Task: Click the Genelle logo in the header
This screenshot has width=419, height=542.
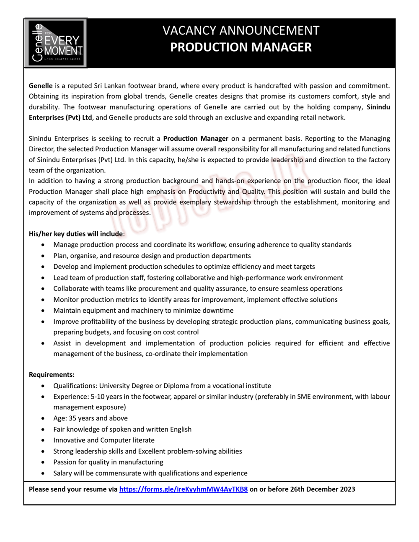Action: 55,43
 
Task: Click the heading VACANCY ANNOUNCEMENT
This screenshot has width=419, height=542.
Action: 241,31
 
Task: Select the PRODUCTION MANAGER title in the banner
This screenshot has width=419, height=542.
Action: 241,47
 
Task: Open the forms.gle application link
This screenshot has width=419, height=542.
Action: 183,489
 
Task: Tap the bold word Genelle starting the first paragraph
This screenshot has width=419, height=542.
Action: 41,86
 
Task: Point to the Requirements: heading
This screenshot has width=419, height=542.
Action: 52,375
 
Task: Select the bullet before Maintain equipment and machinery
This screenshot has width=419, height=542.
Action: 43,311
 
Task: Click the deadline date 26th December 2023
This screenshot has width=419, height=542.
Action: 319,489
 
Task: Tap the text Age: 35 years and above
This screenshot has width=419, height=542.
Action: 91,418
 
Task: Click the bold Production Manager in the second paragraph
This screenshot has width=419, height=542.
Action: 196,138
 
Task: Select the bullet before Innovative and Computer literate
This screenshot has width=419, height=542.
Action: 43,441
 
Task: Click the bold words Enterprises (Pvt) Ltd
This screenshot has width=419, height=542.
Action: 60,117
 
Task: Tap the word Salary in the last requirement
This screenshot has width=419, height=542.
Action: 63,473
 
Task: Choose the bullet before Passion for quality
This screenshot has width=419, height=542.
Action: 43,462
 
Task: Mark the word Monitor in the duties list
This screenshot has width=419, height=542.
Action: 66,300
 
